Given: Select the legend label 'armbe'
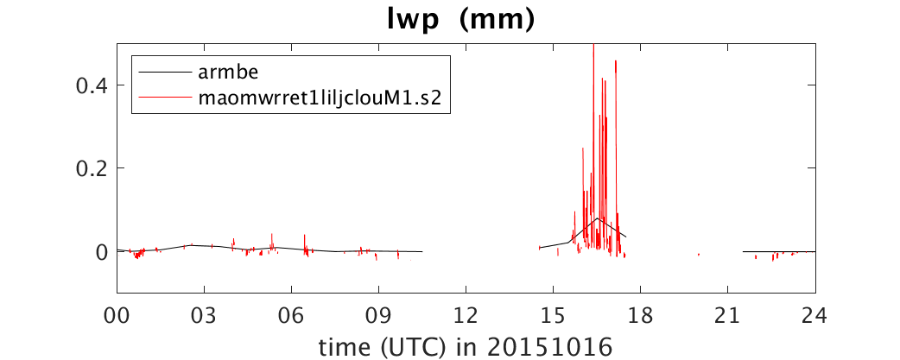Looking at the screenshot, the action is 225,73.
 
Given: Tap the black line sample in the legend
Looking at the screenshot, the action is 164,73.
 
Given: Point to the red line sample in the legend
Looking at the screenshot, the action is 164,98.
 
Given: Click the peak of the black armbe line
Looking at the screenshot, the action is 597,218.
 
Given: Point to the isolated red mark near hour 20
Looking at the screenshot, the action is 699,255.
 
